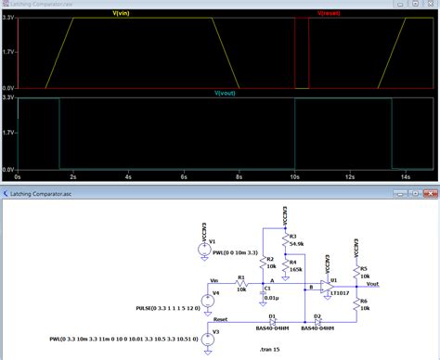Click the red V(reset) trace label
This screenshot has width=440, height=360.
point(330,14)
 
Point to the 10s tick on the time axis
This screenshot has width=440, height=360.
point(293,175)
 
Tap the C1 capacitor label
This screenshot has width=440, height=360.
point(267,289)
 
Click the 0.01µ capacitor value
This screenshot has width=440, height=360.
point(268,298)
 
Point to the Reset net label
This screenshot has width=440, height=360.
point(220,317)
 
